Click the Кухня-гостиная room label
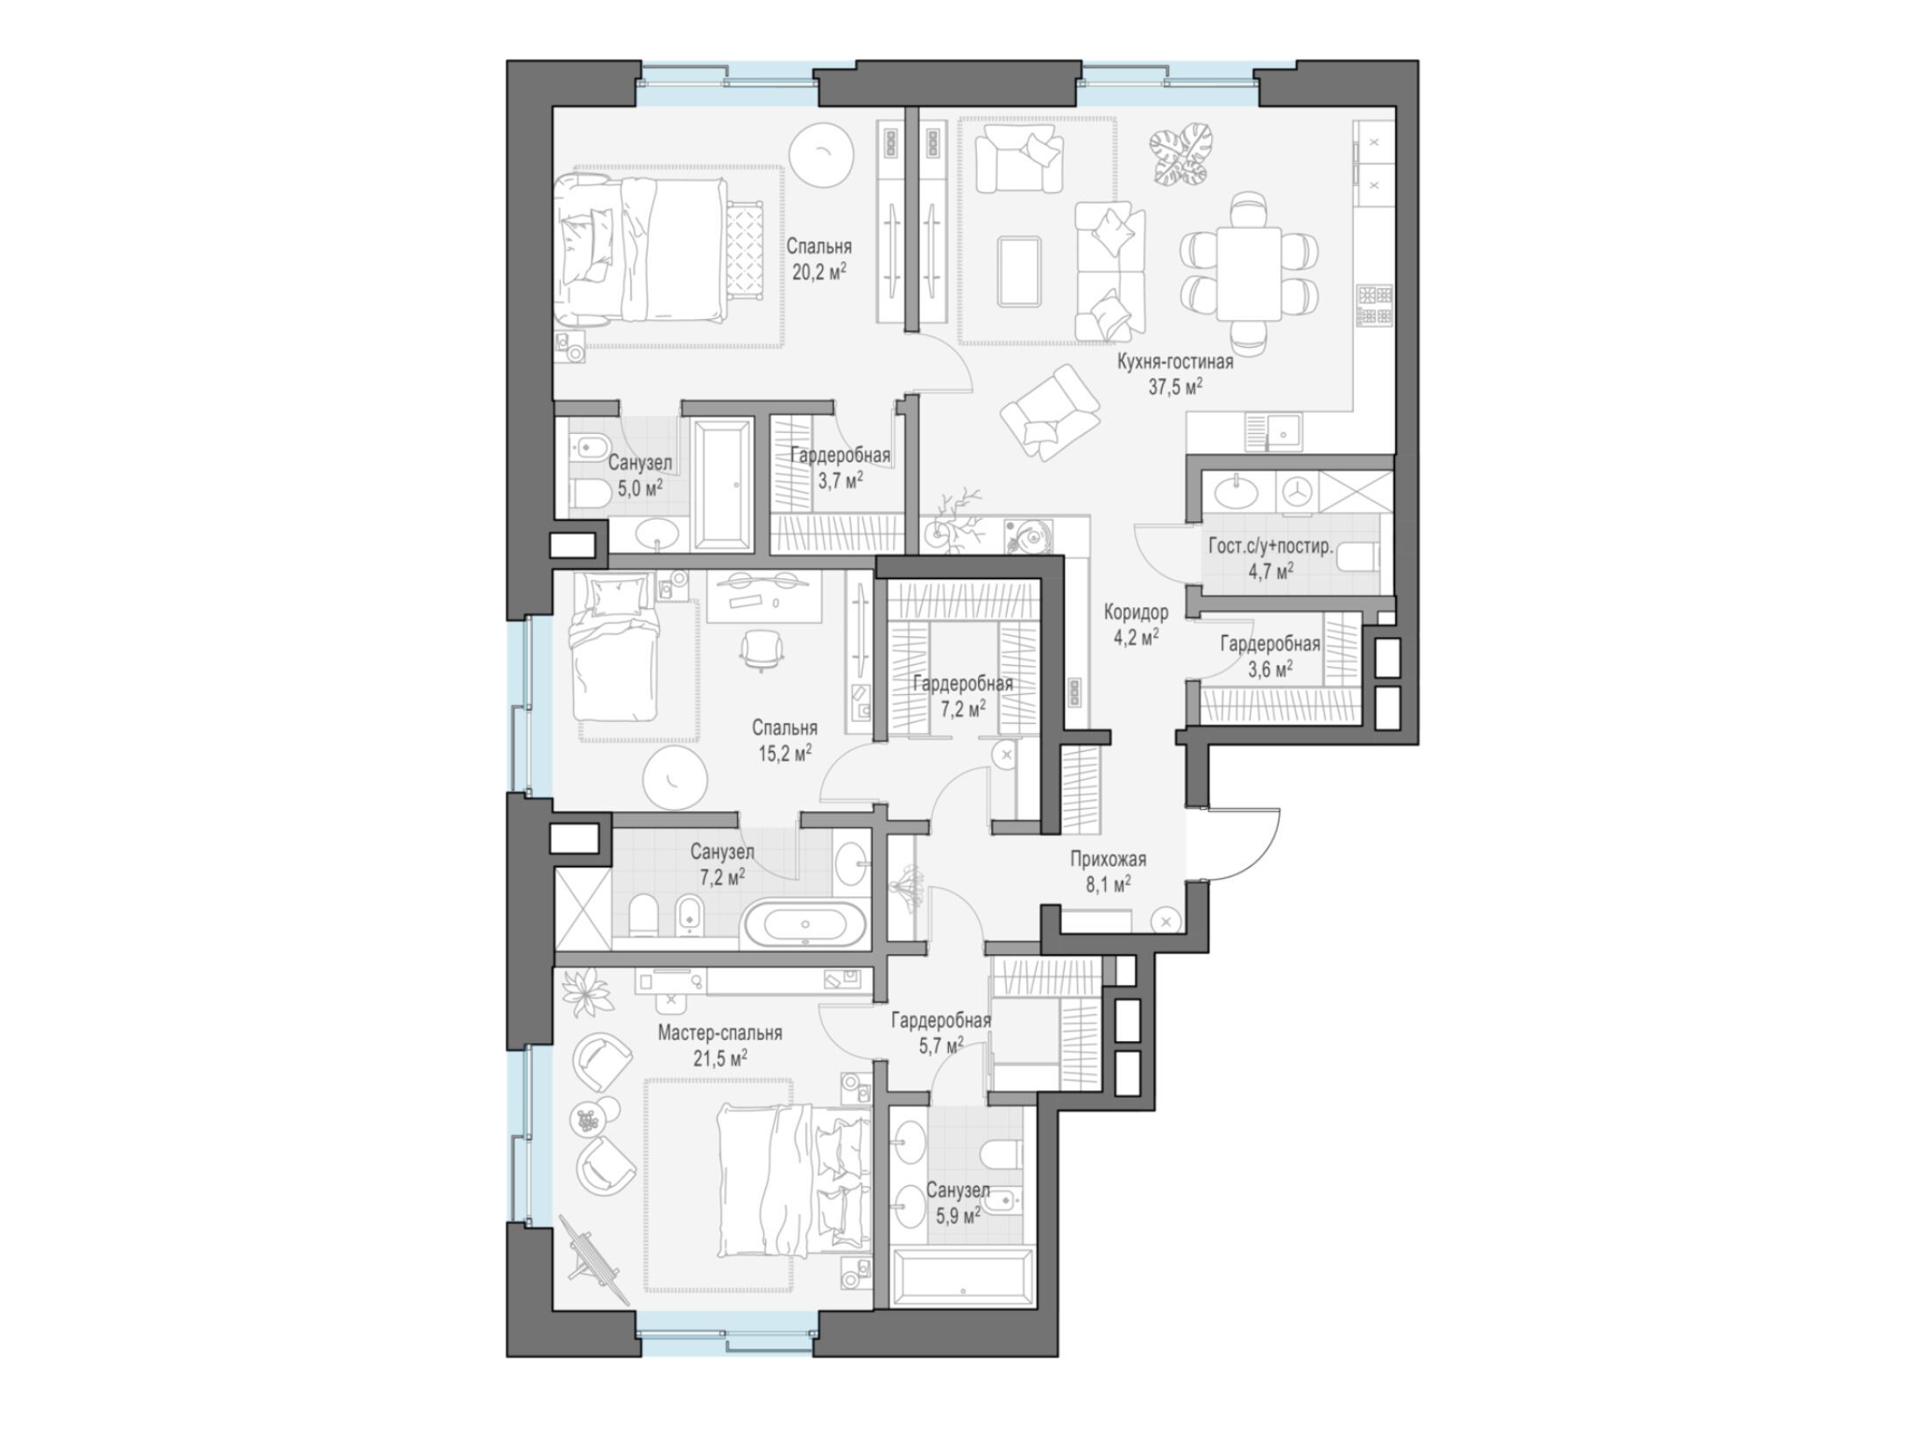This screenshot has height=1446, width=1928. pos(1174,361)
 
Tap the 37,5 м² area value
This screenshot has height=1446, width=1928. pos(1174,387)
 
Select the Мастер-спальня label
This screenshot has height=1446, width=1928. pos(719,1034)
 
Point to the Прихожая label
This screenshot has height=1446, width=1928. pos(1108,860)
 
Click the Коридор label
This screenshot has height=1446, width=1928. pos(1136,612)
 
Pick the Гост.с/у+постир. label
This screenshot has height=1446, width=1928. pos(1271,547)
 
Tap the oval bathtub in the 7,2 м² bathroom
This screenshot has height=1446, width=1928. pos(805,925)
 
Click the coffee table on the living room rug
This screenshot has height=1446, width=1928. pos(1020,272)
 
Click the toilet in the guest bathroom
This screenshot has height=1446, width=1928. pos(1360,556)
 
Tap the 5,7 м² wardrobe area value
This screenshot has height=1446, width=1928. pos(941,1044)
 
